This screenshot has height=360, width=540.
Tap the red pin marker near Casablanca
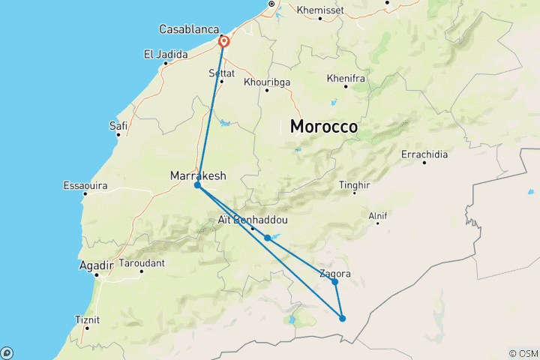point(223,41)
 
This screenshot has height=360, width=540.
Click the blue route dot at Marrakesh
point(197,184)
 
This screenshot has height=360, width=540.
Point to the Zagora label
point(334,274)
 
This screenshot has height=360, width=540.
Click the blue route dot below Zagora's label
point(335,282)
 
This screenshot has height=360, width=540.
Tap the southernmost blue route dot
point(343,319)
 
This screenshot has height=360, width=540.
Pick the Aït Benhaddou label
point(251,220)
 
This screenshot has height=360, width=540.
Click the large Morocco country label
point(323,127)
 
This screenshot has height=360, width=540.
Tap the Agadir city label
point(97,265)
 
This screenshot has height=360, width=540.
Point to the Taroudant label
point(142,263)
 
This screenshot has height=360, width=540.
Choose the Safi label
point(118,125)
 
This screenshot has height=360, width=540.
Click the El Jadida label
point(164,54)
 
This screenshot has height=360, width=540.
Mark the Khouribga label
point(267,82)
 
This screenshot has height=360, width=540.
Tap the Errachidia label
point(424,154)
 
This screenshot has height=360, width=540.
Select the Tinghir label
point(355,184)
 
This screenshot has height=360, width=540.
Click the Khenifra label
point(346,78)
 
